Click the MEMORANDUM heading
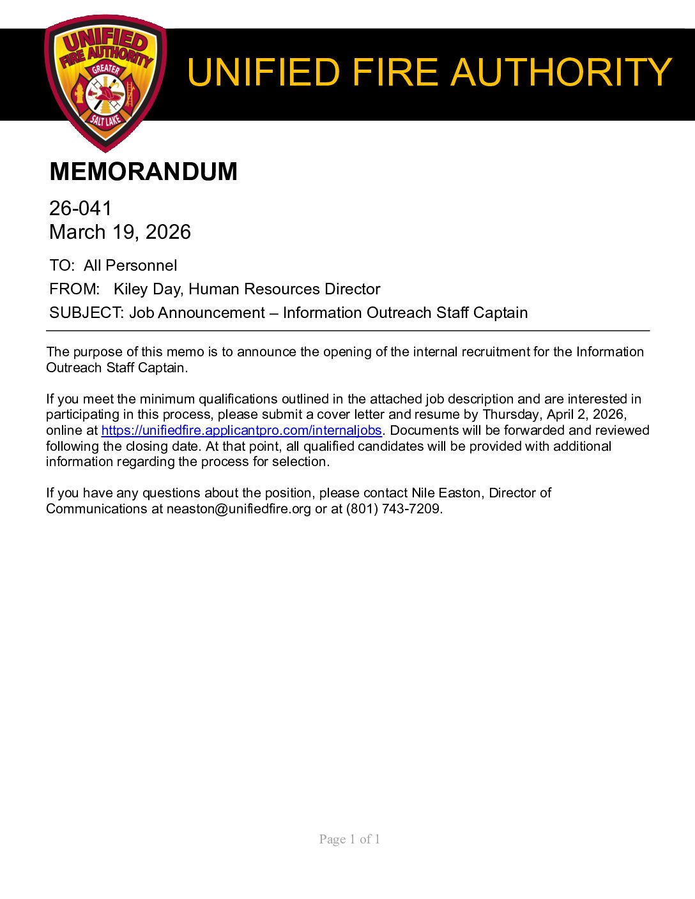point(143,172)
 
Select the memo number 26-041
point(80,208)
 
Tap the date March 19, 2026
point(120,232)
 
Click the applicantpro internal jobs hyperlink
point(241,430)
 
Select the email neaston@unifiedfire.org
point(239,509)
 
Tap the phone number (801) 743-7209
point(393,509)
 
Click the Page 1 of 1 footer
point(349,839)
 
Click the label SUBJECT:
point(86,313)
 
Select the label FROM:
point(75,289)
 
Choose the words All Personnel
point(130,266)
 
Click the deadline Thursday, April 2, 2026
point(554,414)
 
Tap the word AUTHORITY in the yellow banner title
point(561,72)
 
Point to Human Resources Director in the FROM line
point(284,289)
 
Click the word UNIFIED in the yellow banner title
point(263,72)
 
